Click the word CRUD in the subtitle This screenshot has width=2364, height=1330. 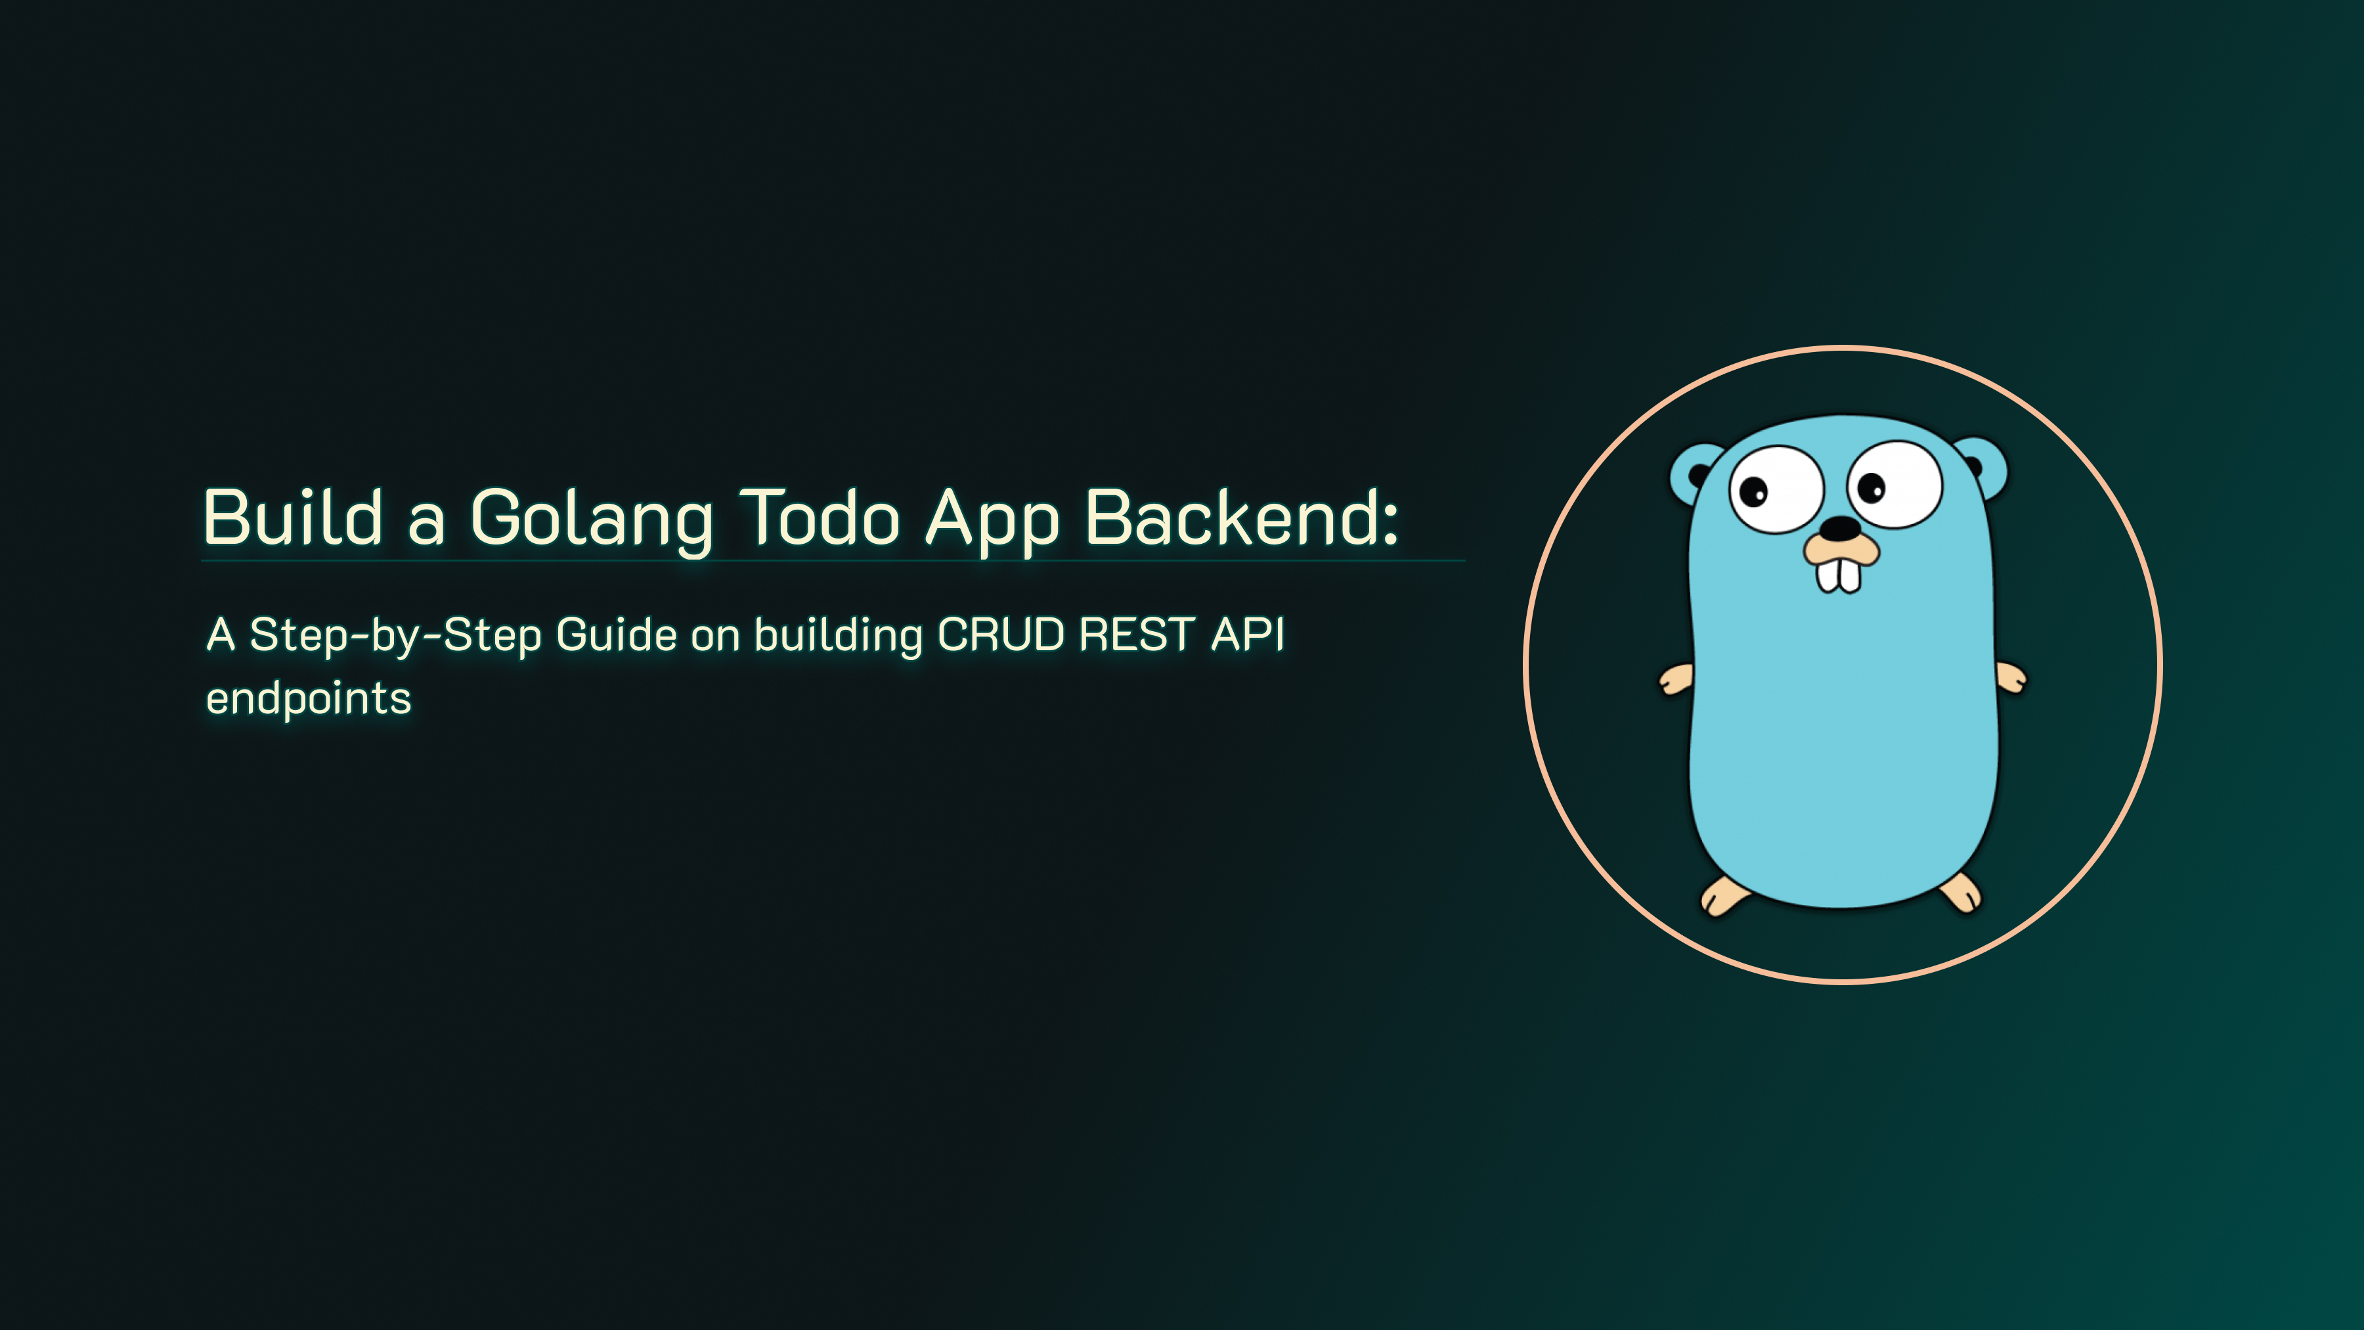click(1001, 634)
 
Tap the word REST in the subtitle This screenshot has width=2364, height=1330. click(1137, 634)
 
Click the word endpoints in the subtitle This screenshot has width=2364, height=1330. click(309, 699)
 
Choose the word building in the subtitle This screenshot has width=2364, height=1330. click(839, 636)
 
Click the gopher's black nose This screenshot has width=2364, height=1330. click(1840, 529)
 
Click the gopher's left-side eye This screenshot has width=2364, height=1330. click(1776, 489)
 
